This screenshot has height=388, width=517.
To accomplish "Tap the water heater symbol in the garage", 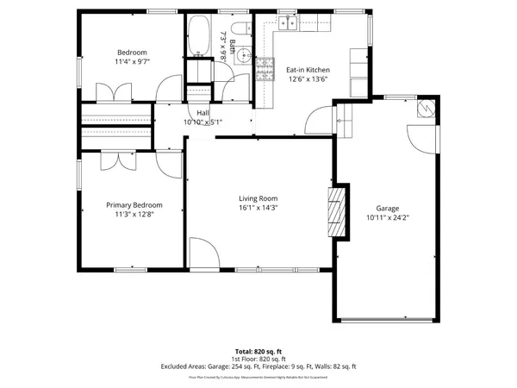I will (x=426, y=108).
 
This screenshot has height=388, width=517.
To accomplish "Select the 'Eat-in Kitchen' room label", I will (x=308, y=71).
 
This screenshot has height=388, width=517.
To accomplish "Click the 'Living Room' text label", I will (x=258, y=198).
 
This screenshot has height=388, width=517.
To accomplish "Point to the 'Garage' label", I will (x=388, y=209).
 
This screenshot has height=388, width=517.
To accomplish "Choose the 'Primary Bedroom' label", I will (x=134, y=204).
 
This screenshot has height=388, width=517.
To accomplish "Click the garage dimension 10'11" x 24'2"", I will (x=388, y=218).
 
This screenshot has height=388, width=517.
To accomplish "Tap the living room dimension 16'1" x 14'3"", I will (x=258, y=208).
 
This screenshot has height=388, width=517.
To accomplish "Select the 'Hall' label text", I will (x=202, y=113).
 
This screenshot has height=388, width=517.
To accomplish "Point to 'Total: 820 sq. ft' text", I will (x=258, y=352).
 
